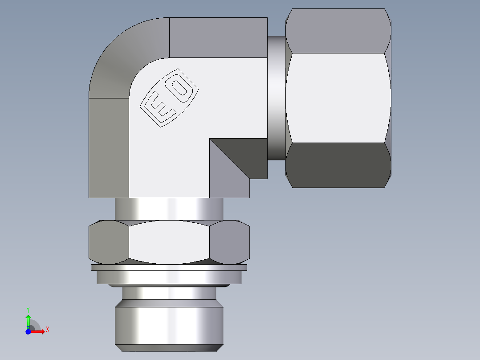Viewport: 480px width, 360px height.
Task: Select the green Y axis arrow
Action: (x=28, y=320)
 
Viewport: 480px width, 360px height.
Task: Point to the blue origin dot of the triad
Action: (x=28, y=331)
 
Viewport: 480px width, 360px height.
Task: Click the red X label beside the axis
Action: (x=47, y=330)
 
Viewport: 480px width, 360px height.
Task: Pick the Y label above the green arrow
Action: (x=28, y=309)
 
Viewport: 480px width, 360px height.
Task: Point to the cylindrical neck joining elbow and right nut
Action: (x=276, y=98)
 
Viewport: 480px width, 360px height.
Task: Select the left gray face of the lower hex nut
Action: (x=109, y=243)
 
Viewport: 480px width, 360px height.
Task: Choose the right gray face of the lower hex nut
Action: (x=230, y=243)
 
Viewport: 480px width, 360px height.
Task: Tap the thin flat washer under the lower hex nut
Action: (x=169, y=268)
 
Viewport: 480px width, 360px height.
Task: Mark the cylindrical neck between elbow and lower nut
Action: (x=169, y=209)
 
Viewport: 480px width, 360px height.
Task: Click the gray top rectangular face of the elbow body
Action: (x=218, y=37)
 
